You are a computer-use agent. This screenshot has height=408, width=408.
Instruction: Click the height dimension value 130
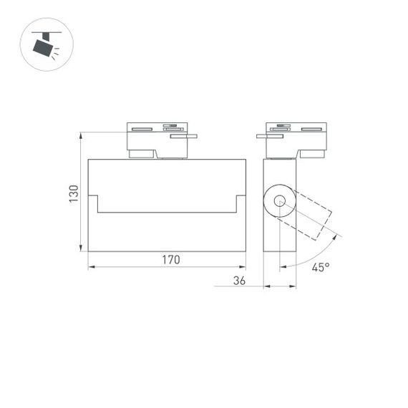pos(73,193)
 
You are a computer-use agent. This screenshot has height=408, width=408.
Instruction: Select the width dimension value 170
pos(170,260)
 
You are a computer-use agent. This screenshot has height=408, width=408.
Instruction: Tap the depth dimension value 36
pos(239,281)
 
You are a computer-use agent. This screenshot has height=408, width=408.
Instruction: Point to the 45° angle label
pos(320,268)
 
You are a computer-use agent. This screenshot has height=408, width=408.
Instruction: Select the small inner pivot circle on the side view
pos(280,202)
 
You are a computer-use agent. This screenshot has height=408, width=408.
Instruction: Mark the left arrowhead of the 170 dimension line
pos(91,267)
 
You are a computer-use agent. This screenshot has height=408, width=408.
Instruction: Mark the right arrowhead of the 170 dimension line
pos(243,267)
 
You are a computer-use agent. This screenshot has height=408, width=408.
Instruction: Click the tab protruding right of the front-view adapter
pos(191,134)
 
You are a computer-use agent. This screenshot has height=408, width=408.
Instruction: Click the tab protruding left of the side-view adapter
pos(261,135)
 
